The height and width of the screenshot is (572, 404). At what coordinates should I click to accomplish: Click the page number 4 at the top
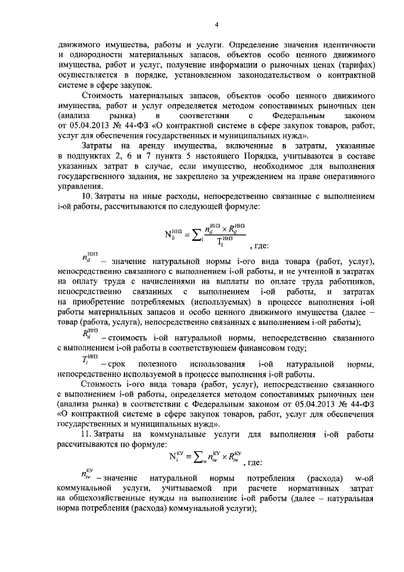tap(216, 25)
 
